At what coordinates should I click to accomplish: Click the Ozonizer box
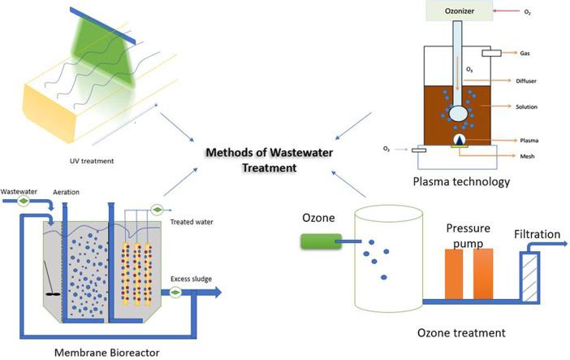coord(461,11)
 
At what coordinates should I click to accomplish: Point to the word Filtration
coord(537,236)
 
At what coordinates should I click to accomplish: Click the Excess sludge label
coord(191,280)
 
